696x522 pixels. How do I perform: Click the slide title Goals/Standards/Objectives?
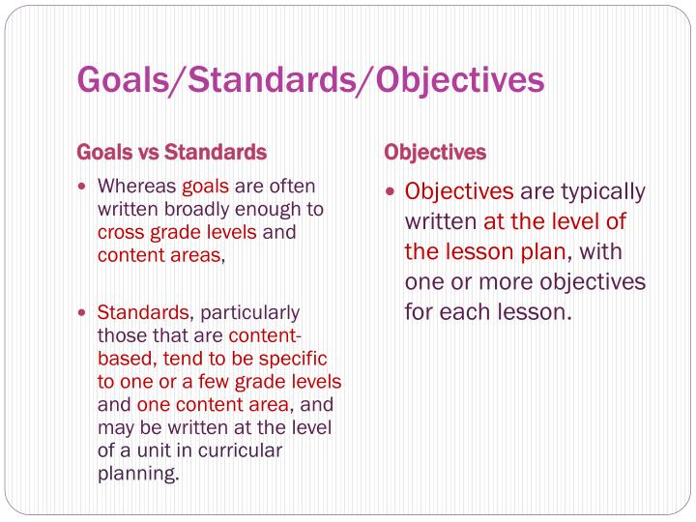coord(310,80)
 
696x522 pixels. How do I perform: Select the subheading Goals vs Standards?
coord(171,153)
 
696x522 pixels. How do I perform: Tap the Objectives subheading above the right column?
coord(435,153)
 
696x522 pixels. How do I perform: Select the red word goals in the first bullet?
coord(205,187)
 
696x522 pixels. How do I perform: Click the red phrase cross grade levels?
coord(177,233)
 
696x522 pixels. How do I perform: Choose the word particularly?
coord(249,313)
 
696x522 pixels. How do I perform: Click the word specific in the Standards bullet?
coord(307,359)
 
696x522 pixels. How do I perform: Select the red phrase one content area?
coord(213,405)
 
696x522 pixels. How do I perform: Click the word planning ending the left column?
coord(137,475)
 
